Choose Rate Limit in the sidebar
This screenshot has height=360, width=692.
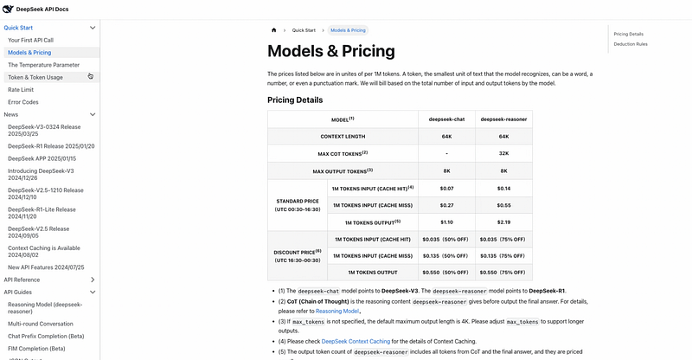click(21, 90)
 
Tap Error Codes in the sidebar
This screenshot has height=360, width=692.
click(23, 102)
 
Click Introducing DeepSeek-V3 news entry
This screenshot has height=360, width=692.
click(41, 170)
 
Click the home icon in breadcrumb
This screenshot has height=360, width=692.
click(274, 29)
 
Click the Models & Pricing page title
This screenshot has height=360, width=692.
click(330, 51)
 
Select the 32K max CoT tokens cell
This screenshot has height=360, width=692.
click(503, 153)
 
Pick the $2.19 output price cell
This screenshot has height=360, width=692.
click(503, 222)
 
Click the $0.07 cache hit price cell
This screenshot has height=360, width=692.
click(446, 188)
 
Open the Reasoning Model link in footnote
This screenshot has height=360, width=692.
click(336, 311)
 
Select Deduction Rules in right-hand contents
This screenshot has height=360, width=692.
click(631, 43)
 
